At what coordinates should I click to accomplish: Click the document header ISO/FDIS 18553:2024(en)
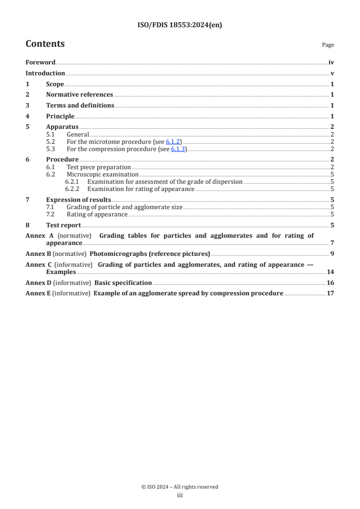(x=180, y=25)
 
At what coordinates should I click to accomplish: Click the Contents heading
(x=45, y=44)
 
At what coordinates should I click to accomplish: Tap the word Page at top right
(x=328, y=45)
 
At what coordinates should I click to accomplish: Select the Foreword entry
(x=40, y=63)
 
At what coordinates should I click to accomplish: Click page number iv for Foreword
(x=331, y=63)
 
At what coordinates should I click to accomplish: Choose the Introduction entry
(x=45, y=73)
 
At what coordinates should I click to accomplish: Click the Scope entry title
(x=55, y=84)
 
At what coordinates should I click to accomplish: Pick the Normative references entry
(x=79, y=95)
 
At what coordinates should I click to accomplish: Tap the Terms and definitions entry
(x=80, y=106)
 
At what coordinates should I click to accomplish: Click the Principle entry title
(x=60, y=116)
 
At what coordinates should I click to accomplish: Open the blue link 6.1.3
(x=178, y=149)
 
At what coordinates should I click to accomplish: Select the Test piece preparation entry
(x=99, y=167)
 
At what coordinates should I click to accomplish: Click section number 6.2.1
(x=72, y=181)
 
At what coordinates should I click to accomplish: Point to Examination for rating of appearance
(x=141, y=189)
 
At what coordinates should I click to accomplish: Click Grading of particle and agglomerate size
(x=124, y=207)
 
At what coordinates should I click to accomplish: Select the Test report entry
(x=64, y=225)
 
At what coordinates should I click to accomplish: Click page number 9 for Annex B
(x=332, y=254)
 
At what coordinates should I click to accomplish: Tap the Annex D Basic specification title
(x=123, y=282)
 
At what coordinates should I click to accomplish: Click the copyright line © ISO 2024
(x=180, y=487)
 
